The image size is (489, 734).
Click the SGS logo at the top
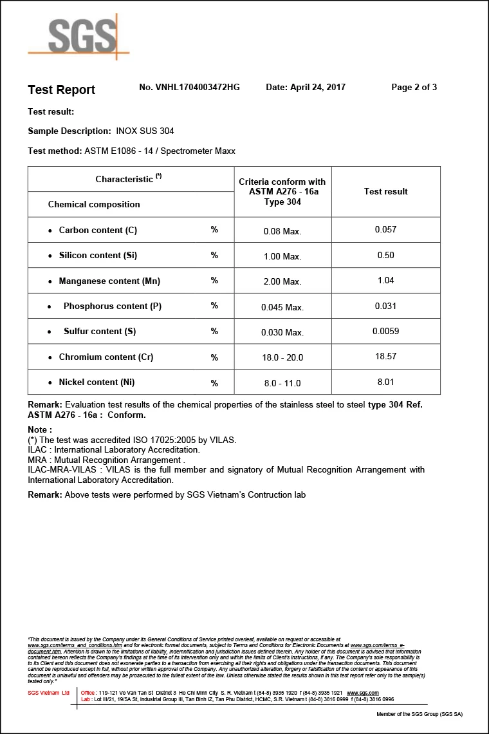79,36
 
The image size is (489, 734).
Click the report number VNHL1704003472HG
189,87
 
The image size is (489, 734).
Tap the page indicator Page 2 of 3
414,87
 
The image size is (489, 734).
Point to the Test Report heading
61,89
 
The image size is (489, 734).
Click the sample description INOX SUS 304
145,131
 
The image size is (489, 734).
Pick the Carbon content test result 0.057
385,229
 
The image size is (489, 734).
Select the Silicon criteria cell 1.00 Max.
282,256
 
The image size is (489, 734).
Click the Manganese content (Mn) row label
109,281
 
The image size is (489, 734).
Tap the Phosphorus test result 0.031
385,306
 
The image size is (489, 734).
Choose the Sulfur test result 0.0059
385,331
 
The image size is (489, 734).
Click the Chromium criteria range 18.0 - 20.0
282,357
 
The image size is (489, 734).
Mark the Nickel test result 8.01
385,382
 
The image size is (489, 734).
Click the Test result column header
385,191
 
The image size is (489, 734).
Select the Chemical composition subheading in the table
94,204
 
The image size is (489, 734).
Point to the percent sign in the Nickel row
214,383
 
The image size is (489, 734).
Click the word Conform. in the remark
127,415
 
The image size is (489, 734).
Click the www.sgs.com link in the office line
362,693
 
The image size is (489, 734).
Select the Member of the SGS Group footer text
419,714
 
